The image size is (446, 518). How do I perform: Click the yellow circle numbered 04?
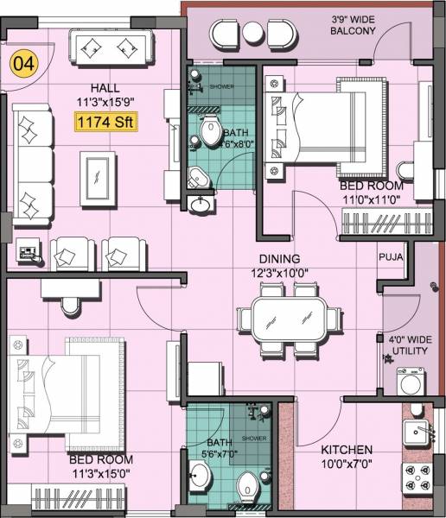click(23, 66)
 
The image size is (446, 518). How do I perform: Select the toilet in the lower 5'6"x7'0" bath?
click(247, 482)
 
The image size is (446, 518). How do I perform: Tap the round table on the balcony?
click(252, 32)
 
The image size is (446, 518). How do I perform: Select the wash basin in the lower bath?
click(199, 476)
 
